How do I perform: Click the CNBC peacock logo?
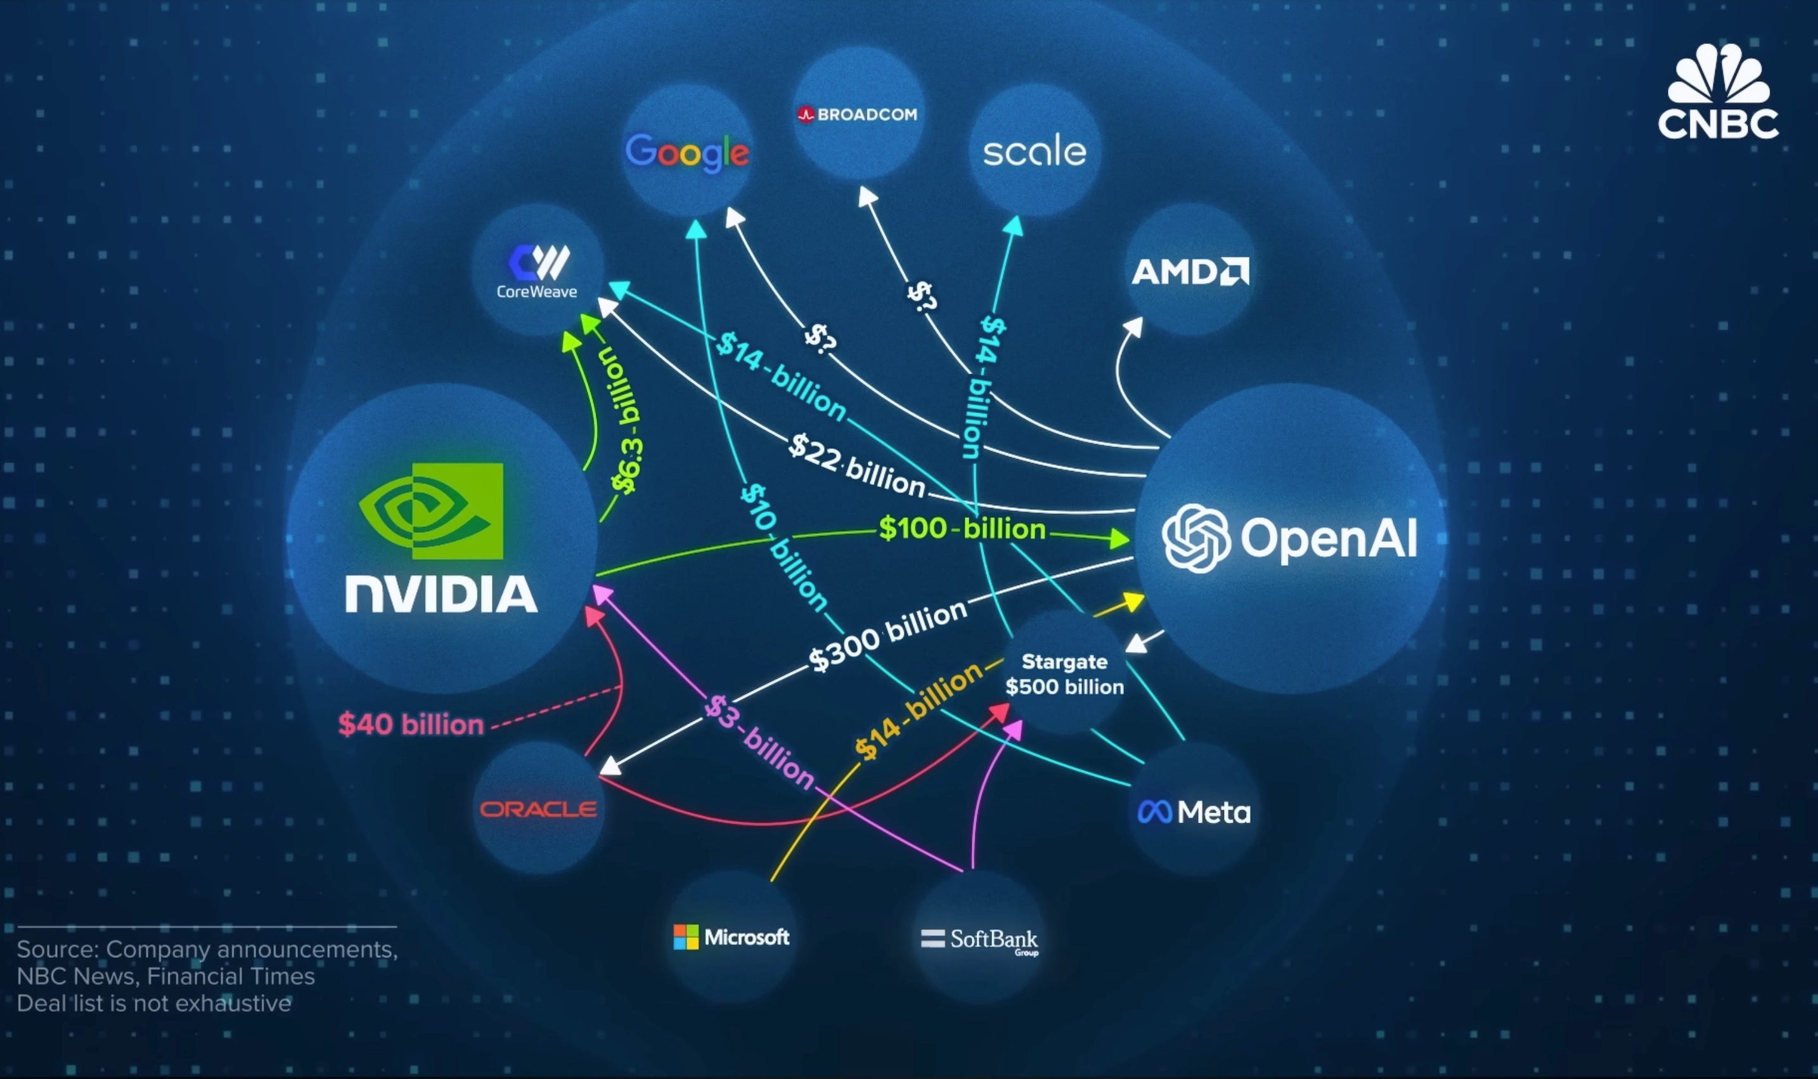click(x=1718, y=75)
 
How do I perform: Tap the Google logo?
click(x=687, y=153)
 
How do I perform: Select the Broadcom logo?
click(x=858, y=114)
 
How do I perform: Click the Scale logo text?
click(x=1035, y=152)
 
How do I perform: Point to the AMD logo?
click(x=1190, y=272)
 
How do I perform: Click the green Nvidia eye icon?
click(x=430, y=510)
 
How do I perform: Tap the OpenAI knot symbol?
click(x=1196, y=538)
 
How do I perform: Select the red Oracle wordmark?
click(x=538, y=809)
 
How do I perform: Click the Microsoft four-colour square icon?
click(x=685, y=937)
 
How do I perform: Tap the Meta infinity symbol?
click(x=1154, y=812)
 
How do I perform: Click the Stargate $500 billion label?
click(x=1064, y=674)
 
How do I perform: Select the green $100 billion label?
click(x=962, y=529)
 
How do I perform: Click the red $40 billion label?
click(x=411, y=724)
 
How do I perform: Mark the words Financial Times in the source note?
click(x=231, y=976)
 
